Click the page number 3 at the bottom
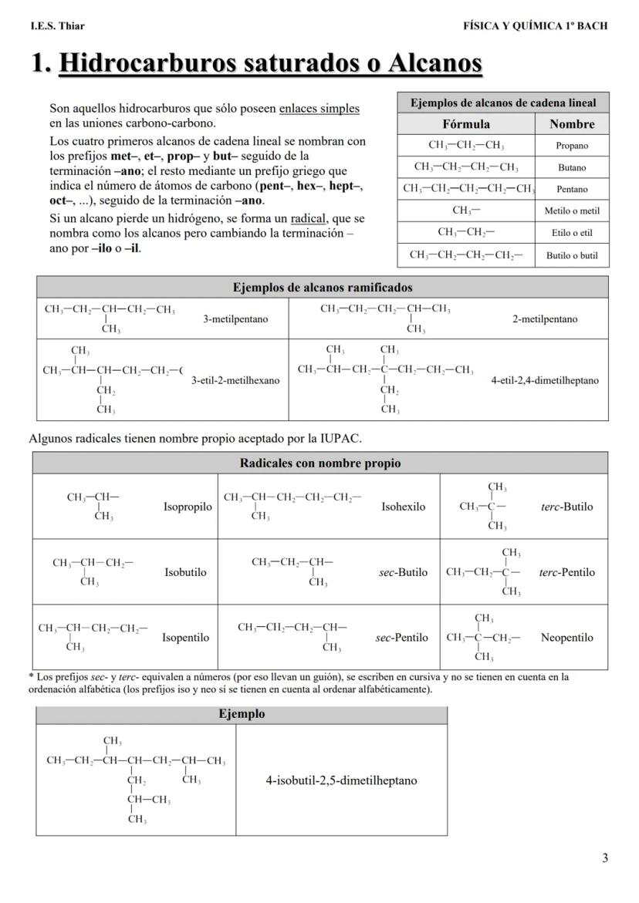[604, 858]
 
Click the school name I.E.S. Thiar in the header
[58, 25]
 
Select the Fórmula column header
[465, 124]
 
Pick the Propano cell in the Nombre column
[572, 146]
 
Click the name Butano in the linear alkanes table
[572, 167]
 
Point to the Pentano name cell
[572, 189]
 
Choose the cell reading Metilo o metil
[572, 211]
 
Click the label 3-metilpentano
[235, 319]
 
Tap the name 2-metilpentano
[545, 319]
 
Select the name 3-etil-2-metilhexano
[235, 379]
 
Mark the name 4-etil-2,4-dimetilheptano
[544, 380]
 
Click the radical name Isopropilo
[188, 507]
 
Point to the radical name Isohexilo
[403, 507]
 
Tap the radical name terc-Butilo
[567, 507]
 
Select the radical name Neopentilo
[567, 638]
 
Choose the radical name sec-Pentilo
[401, 638]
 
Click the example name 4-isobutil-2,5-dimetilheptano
[341, 780]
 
